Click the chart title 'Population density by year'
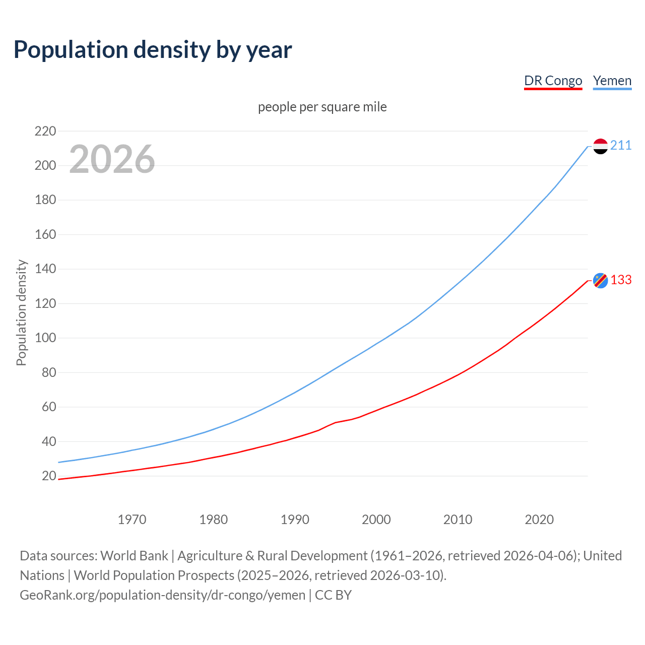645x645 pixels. pos(153,50)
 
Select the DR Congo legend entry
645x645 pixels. pos(553,81)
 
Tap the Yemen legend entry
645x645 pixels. pos(612,81)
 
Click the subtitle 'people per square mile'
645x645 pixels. pos(322,107)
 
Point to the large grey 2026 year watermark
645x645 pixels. pos(112,159)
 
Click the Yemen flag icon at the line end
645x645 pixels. pos(600,146)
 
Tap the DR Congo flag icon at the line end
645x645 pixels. pos(600,280)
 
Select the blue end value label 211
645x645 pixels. pos(621,146)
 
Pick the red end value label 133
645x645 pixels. pos(621,280)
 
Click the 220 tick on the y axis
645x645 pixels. pos(45,131)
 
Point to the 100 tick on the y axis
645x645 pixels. pos(45,338)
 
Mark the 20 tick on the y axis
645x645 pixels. pos(48,476)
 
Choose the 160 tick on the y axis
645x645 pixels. pos(45,234)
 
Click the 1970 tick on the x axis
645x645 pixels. pos(132,519)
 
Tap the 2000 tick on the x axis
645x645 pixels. pos(376,519)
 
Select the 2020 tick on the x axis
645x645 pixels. pos(539,519)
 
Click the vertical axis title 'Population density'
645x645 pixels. pos(21,312)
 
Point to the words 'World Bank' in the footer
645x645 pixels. pos(134,555)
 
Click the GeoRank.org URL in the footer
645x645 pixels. pos(162,595)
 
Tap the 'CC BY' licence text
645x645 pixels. pos(333,595)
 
